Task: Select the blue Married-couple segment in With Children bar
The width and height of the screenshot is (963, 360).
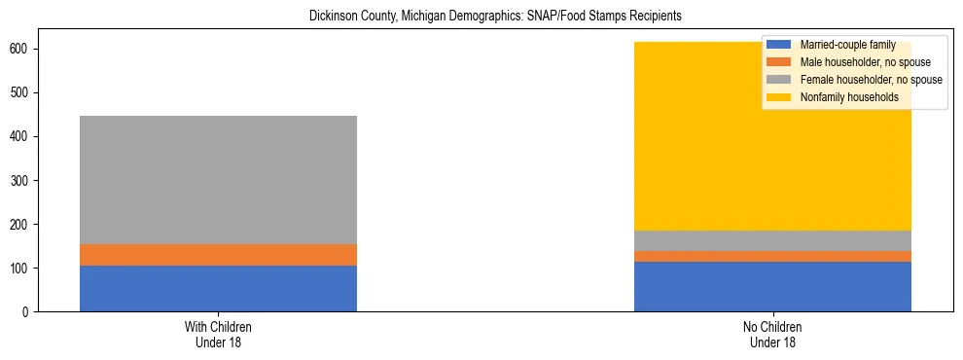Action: pos(218,288)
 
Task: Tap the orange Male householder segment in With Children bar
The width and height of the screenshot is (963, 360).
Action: pos(218,255)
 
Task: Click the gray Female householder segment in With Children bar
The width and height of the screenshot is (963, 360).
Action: pos(218,180)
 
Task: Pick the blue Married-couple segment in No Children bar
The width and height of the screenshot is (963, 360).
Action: pos(772,286)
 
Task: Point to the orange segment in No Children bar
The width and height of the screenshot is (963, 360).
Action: pos(772,257)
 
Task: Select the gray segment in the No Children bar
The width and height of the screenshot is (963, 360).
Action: pos(772,240)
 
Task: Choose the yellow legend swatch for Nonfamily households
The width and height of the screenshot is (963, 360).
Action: pos(779,97)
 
